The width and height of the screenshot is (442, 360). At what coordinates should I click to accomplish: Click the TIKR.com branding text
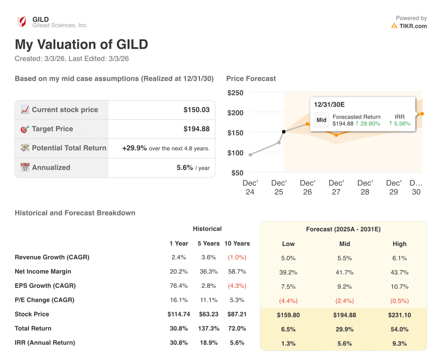413,26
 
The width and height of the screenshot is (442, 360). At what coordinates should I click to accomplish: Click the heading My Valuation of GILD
81,44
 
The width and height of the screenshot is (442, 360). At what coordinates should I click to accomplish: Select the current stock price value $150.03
196,110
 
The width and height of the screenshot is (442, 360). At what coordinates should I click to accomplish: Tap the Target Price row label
52,129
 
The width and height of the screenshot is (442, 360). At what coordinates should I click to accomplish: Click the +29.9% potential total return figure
134,148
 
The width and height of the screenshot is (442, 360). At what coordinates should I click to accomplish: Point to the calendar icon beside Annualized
25,167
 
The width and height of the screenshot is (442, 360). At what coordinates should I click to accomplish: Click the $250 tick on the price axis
235,93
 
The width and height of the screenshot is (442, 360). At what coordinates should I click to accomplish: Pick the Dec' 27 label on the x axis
336,187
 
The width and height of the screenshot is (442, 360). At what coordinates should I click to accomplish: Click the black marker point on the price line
284,132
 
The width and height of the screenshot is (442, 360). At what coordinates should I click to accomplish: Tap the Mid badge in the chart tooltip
322,120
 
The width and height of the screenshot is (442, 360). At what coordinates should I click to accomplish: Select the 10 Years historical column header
237,243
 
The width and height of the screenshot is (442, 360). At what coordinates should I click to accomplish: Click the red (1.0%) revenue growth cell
237,257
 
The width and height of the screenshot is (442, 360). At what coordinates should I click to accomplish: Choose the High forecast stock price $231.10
399,315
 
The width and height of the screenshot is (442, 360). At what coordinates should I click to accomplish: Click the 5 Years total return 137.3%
208,328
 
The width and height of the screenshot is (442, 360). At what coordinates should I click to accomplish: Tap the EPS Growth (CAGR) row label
45,286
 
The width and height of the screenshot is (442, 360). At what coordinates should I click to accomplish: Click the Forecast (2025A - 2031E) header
343,229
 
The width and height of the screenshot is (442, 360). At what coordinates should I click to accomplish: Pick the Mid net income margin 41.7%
344,272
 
